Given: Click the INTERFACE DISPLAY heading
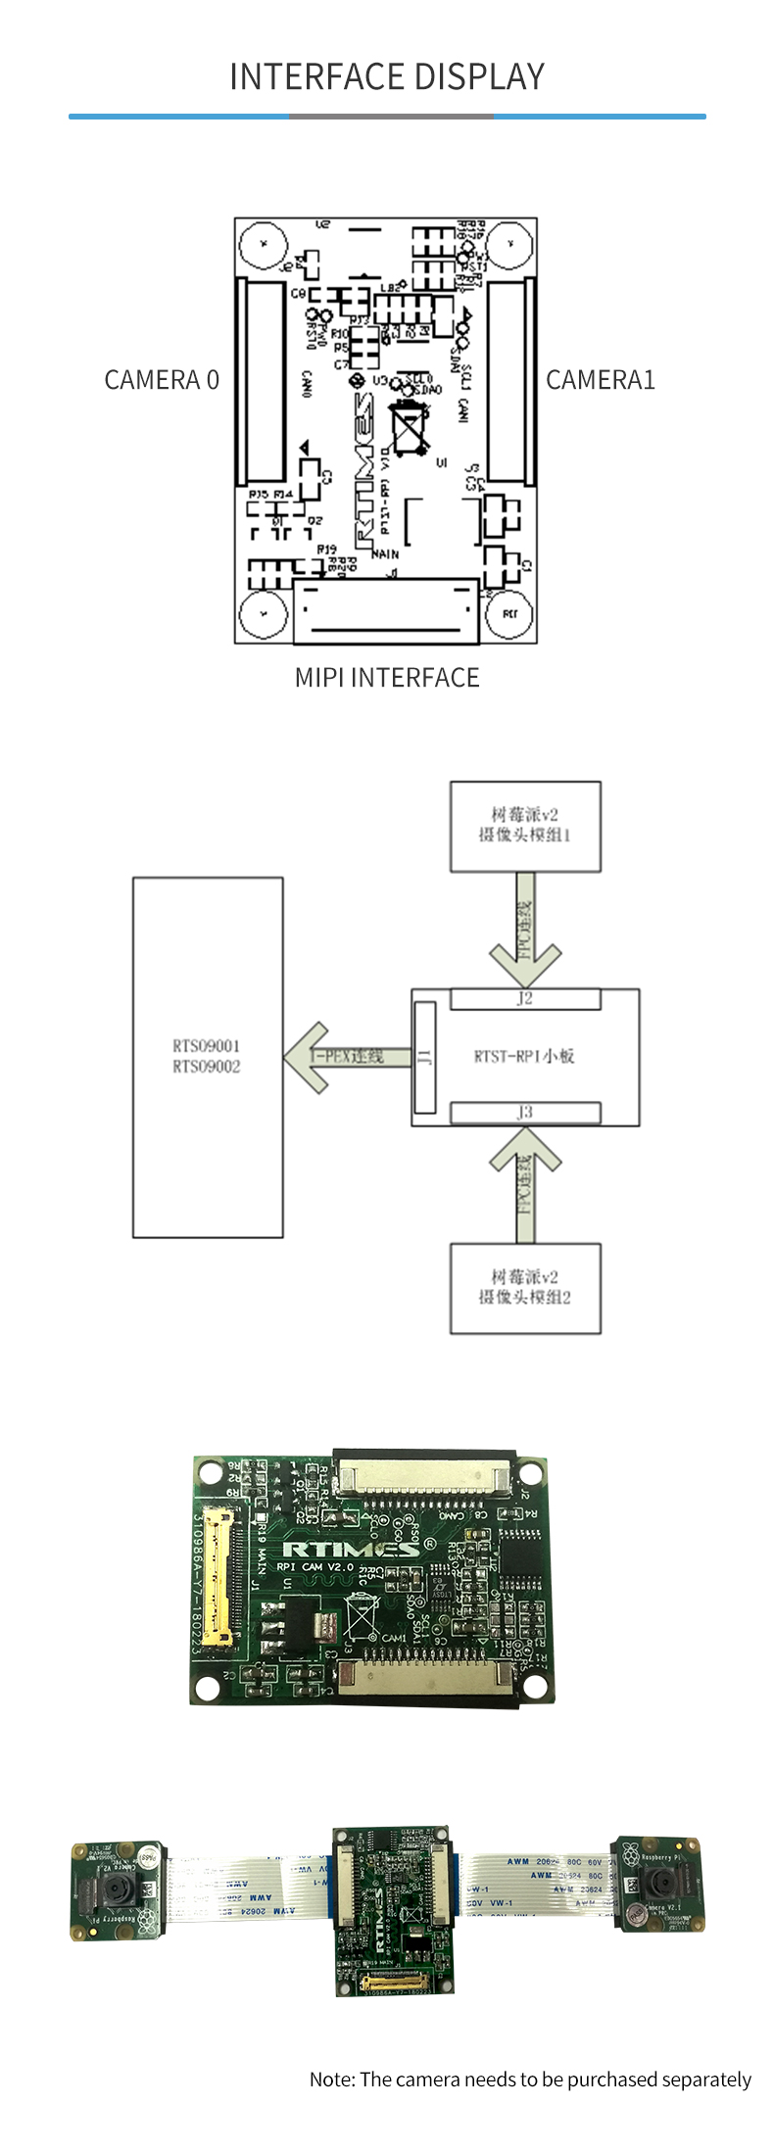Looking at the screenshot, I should coord(387,76).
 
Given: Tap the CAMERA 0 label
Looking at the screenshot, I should coord(162,380).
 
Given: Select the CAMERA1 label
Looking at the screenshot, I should coord(600,380).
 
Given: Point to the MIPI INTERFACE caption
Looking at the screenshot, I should coord(387,678).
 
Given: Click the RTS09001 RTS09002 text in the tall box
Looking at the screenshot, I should coord(207,1056).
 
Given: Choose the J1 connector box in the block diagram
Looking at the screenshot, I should coord(424,1057).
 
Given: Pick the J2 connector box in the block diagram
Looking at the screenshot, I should coord(525,999).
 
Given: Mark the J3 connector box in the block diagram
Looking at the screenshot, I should coord(525,1113).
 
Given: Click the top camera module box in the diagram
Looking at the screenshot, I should coord(525,826).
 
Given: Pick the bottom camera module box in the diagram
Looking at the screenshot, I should coord(525,1288).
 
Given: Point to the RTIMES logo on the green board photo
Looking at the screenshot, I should coord(351,1549).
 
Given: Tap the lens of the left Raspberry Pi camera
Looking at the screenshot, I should coord(116,1888).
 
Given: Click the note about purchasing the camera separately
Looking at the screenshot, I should coord(530,2079).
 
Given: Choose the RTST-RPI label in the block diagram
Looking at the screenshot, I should coord(524,1056).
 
